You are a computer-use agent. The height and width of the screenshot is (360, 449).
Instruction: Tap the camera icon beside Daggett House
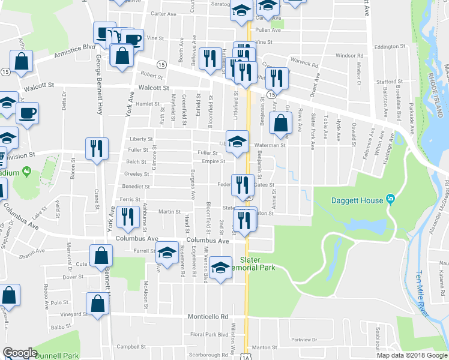(x=390, y=199)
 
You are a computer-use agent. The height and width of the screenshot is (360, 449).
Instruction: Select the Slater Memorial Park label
(x=258, y=264)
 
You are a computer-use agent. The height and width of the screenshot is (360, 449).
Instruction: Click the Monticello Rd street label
(x=208, y=316)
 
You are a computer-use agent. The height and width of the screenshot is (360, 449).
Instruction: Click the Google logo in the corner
(x=20, y=353)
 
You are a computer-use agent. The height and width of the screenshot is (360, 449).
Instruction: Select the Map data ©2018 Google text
(x=412, y=355)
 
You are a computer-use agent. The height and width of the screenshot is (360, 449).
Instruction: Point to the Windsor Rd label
(x=349, y=56)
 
